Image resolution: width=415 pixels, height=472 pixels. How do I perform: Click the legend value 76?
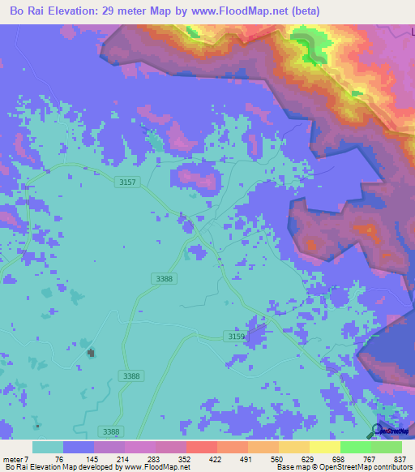point(59,459)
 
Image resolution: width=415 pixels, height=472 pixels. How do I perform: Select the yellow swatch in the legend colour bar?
point(325,447)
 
